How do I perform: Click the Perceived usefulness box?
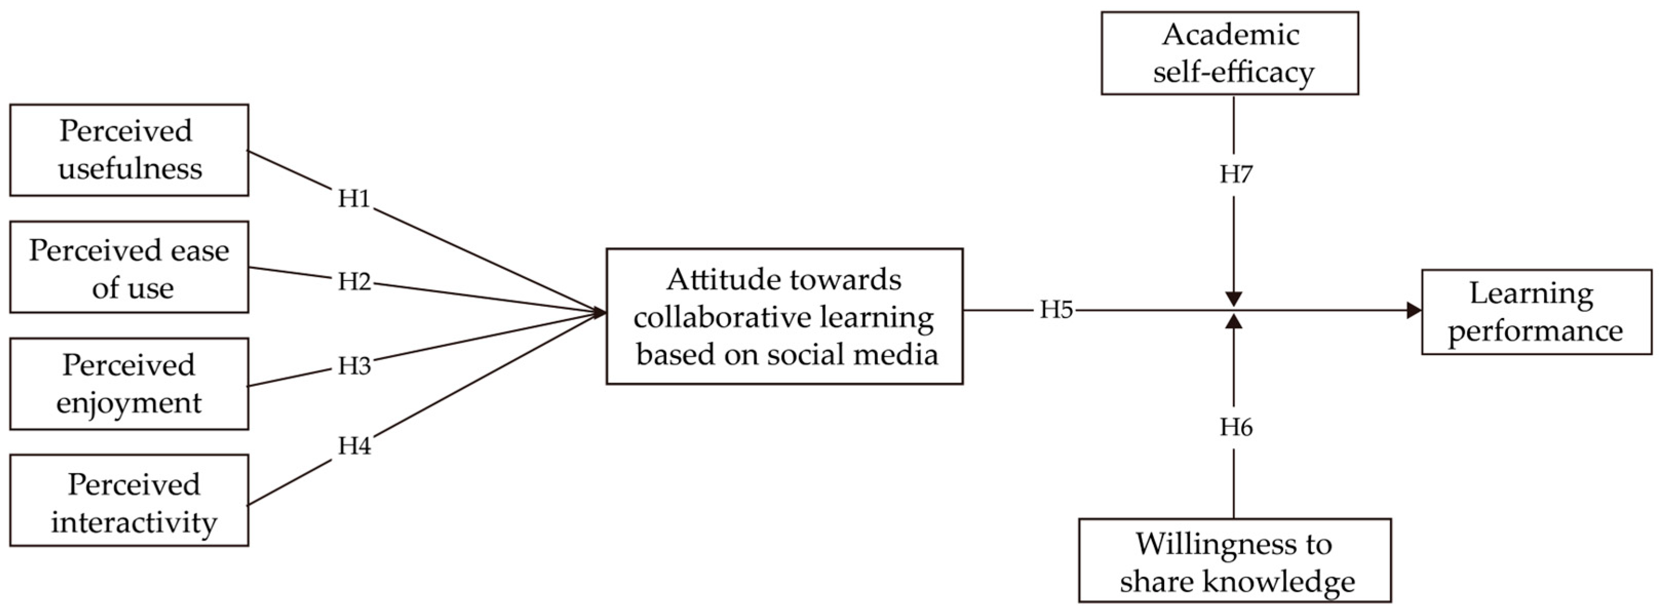pos(129,150)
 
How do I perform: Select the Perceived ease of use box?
pos(129,267)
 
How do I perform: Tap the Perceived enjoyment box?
pos(129,384)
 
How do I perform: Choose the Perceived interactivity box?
pos(129,501)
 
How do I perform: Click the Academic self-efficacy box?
pos(1229,53)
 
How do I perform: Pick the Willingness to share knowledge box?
pos(1235,560)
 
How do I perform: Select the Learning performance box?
pos(1536,312)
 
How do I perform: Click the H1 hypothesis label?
pos(354,199)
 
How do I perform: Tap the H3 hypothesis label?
pos(354,366)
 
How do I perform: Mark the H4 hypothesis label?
pos(354,446)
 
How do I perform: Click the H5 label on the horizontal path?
pos(1056,310)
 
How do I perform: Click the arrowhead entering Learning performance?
pos(1414,310)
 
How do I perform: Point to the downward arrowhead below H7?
pos(1234,299)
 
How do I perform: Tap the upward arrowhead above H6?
pos(1234,322)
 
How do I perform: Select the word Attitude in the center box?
pos(704,280)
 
